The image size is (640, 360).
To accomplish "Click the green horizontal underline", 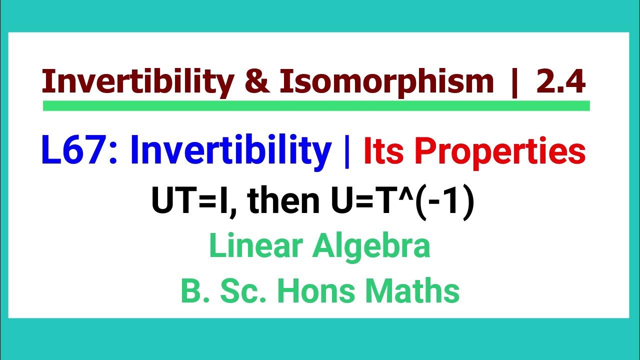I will pos(316,105).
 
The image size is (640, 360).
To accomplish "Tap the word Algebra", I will pos(374,247).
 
